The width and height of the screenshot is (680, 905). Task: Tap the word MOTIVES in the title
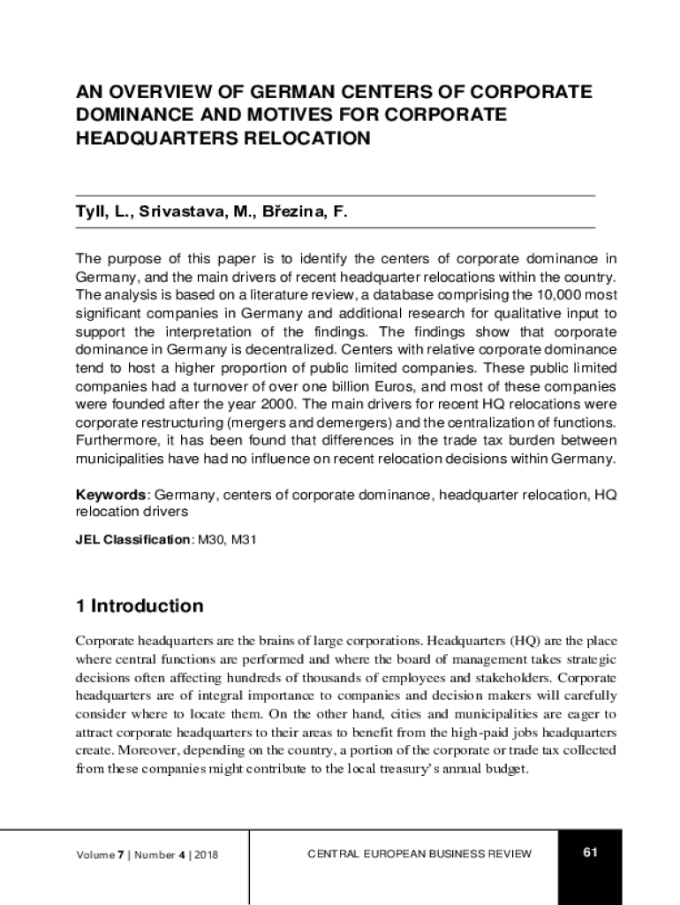(x=270, y=116)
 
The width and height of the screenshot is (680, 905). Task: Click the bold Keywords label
(x=110, y=496)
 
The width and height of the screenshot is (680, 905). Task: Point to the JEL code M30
(x=210, y=538)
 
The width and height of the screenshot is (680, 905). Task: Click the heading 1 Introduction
(x=140, y=606)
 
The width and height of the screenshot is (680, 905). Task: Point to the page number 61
(x=590, y=852)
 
